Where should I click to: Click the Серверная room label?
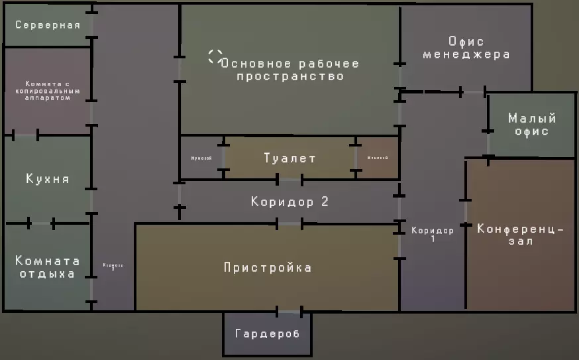click(x=48, y=26)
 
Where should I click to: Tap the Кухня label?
click(x=48, y=179)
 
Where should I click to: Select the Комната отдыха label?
click(x=48, y=267)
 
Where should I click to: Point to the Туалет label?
click(x=289, y=158)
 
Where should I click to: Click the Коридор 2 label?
click(x=289, y=202)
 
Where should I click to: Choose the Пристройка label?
click(x=268, y=268)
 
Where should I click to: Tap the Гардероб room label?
click(x=267, y=333)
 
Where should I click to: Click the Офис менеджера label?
click(x=466, y=48)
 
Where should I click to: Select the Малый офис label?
click(x=531, y=125)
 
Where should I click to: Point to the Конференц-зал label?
click(x=520, y=235)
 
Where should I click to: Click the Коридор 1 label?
click(x=433, y=234)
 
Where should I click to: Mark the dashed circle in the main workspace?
click(x=215, y=56)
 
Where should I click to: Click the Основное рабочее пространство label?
click(x=289, y=70)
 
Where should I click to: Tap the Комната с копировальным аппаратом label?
click(x=48, y=91)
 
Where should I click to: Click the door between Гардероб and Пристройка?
click(x=289, y=311)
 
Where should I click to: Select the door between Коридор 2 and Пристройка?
click(x=289, y=224)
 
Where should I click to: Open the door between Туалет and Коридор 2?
click(x=289, y=179)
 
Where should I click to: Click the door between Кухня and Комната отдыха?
click(x=41, y=223)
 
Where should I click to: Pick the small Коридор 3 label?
click(x=113, y=267)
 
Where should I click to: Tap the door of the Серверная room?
click(x=92, y=25)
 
